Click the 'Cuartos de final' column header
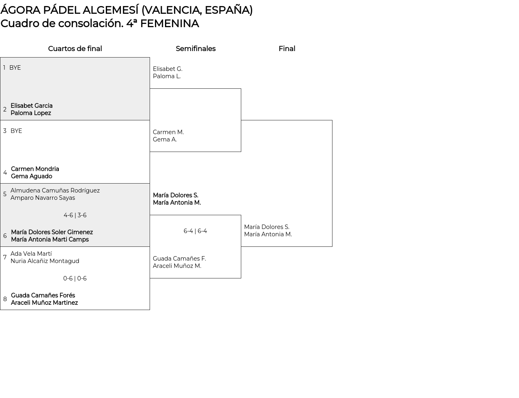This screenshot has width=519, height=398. (x=75, y=49)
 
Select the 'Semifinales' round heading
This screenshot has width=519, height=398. (x=195, y=49)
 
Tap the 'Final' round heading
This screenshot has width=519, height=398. (x=287, y=49)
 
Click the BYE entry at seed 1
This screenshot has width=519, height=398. (x=15, y=68)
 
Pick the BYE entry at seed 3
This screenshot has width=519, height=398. (x=16, y=131)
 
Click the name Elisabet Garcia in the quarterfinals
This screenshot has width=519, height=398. (x=32, y=106)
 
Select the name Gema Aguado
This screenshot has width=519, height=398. (x=32, y=176)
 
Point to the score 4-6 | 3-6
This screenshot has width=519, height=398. (x=75, y=215)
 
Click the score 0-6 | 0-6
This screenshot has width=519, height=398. (x=75, y=278)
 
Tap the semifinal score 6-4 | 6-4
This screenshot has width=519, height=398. (x=195, y=231)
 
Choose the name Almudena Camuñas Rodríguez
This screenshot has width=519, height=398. (x=55, y=190)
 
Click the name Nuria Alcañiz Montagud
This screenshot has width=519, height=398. (x=45, y=261)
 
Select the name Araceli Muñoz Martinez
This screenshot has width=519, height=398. (x=44, y=303)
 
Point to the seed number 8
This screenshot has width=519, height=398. (x=5, y=299)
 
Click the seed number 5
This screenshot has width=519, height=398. (x=5, y=194)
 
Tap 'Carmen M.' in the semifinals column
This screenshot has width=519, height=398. (x=168, y=132)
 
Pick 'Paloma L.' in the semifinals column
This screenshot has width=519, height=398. (x=167, y=76)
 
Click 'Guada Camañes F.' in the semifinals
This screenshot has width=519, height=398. (x=179, y=259)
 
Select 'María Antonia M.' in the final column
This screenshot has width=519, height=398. (x=268, y=234)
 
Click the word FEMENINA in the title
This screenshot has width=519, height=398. (x=169, y=24)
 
